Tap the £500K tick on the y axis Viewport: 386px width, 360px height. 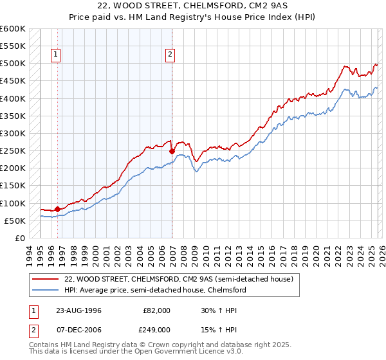click(13, 64)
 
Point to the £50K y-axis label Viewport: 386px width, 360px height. click(15, 221)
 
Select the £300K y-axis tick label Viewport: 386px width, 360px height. click(13, 133)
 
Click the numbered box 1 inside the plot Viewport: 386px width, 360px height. click(57, 55)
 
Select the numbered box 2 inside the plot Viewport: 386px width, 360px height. click(170, 55)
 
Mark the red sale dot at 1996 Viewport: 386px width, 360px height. click(57, 209)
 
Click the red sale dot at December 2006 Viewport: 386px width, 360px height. click(172, 152)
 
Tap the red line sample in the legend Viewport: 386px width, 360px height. click(46, 280)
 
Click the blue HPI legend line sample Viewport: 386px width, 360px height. click(46, 291)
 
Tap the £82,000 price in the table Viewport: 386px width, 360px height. click(156, 310)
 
